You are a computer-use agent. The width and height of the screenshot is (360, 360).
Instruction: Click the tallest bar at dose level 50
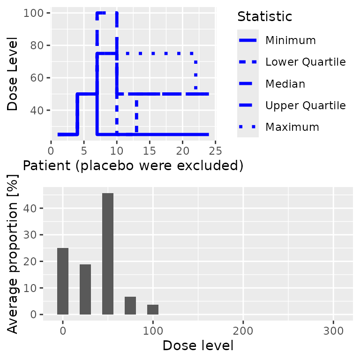[108, 254]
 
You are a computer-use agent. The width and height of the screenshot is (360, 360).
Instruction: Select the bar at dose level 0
[63, 281]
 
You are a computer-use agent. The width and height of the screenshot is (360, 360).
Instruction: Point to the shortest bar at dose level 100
[153, 309]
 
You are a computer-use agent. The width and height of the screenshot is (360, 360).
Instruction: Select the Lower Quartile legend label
[305, 62]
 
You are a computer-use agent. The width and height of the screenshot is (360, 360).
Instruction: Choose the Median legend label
[285, 84]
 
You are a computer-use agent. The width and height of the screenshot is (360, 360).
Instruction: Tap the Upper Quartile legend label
[305, 105]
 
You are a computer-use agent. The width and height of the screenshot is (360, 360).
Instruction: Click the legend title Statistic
[265, 17]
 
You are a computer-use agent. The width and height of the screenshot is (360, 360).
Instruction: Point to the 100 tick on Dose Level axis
[38, 13]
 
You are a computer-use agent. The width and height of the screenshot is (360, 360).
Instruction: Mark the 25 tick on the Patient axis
[215, 150]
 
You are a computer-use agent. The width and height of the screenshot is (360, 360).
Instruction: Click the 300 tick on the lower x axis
[333, 330]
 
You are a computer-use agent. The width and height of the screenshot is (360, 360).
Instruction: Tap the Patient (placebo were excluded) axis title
[133, 166]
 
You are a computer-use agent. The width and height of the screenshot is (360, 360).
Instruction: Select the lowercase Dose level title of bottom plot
[198, 346]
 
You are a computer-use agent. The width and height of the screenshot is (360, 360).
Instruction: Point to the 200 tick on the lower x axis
[243, 330]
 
